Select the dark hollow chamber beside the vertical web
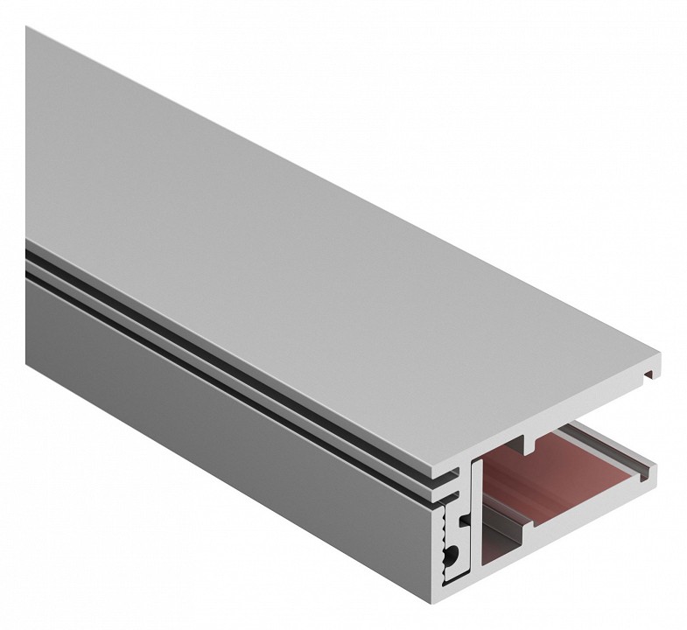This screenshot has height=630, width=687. point(508,560)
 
